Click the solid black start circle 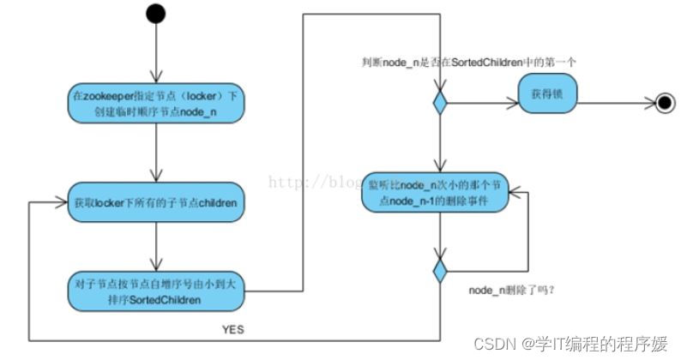[x=154, y=13]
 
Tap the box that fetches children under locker [x=154, y=202]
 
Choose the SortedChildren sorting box [x=154, y=291]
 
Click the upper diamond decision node [x=439, y=104]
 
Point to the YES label [x=234, y=327]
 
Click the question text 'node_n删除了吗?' [x=512, y=291]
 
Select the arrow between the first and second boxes [x=154, y=154]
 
